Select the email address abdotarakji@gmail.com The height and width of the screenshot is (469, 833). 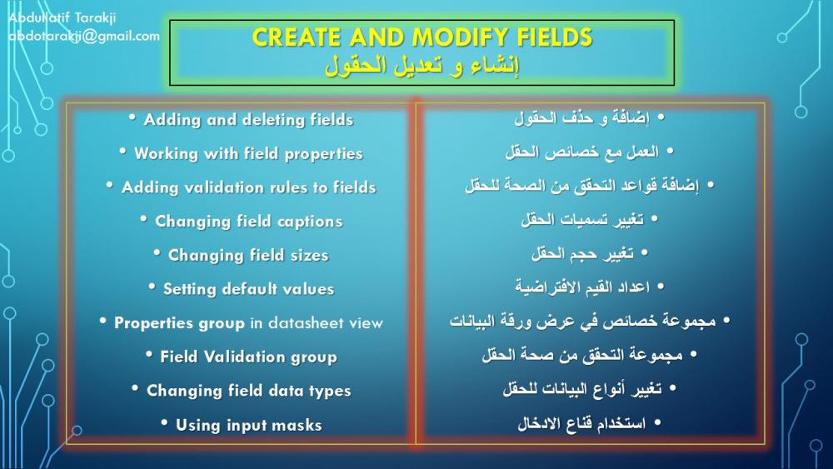84,36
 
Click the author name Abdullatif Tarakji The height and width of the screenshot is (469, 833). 62,17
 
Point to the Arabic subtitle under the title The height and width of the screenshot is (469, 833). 421,67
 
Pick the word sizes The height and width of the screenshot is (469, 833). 309,256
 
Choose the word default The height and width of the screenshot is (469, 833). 250,289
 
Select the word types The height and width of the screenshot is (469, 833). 331,392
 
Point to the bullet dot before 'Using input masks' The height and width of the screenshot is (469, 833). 164,423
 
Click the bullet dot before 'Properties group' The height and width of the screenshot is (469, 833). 102,321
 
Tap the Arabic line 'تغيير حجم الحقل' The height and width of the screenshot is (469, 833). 583,253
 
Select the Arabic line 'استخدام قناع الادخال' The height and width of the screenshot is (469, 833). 581,423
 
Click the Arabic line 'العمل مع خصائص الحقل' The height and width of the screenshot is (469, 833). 581,152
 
